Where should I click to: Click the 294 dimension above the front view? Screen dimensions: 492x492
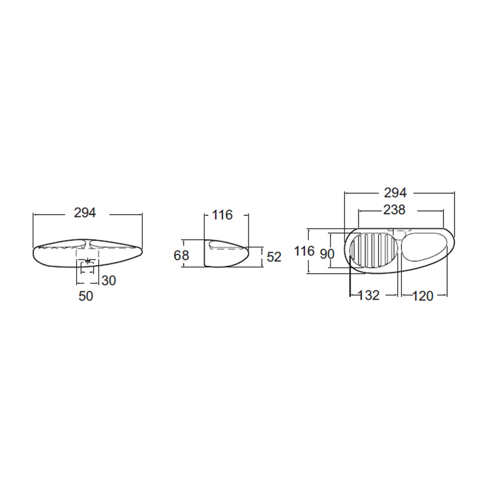pos(85,213)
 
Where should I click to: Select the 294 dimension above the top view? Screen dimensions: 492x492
pos(395,192)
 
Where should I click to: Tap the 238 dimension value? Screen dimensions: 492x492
pos(394,210)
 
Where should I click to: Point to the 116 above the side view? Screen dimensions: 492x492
pos(222,215)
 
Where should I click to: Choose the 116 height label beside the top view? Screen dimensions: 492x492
pos(304,251)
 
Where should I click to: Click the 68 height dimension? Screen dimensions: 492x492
pos(181,255)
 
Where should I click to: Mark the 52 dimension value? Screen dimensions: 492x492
pos(274,257)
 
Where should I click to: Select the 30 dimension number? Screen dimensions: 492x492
pos(109,280)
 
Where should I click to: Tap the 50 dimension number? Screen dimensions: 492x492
pos(85,296)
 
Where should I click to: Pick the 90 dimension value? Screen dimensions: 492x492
pos(327,254)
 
